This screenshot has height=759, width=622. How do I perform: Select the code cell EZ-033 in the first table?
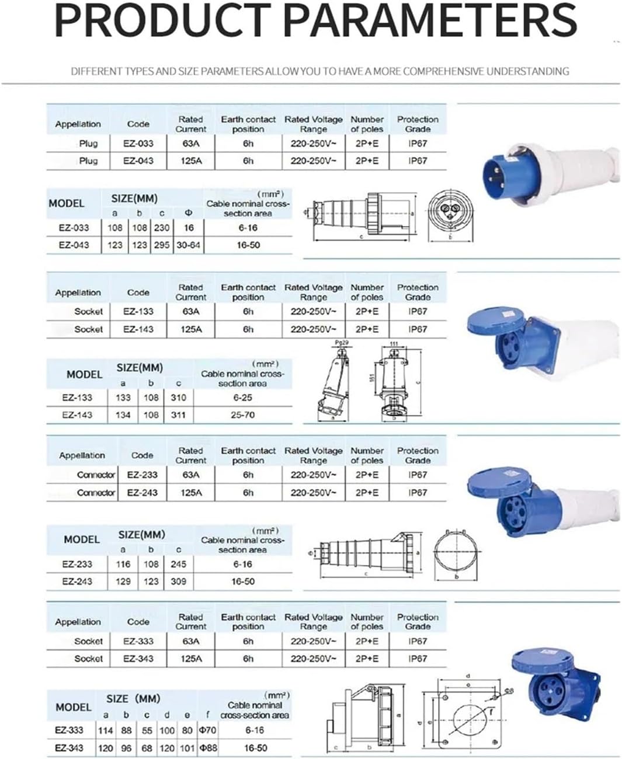[138, 143]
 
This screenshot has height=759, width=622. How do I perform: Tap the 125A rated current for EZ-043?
[191, 161]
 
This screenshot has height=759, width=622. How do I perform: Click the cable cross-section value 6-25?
[242, 398]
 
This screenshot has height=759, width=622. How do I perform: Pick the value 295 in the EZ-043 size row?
[162, 245]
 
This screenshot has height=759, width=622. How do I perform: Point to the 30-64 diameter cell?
[188, 245]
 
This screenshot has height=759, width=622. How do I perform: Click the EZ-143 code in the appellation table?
[138, 329]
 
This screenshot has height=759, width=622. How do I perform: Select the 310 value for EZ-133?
[179, 398]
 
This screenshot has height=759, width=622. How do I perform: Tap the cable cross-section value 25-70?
[242, 415]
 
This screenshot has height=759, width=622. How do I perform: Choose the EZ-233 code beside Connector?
[143, 475]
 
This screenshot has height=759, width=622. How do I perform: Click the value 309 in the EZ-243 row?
[179, 582]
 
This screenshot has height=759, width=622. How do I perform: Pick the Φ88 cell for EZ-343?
[208, 748]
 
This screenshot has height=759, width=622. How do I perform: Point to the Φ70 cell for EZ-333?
[208, 730]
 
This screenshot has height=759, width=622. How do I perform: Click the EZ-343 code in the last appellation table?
[138, 659]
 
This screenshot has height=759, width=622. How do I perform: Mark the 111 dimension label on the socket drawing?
[394, 344]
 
